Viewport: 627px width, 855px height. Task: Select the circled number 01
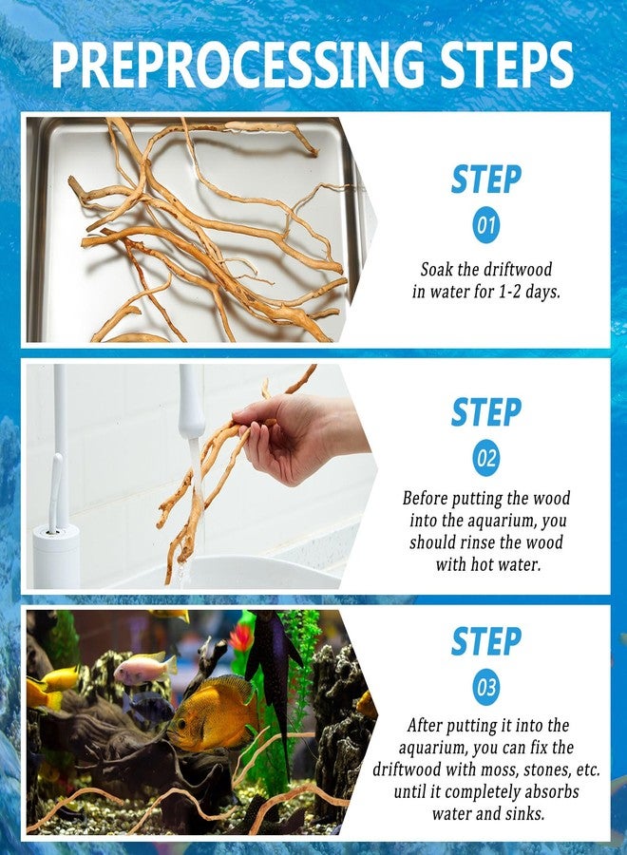click(485, 224)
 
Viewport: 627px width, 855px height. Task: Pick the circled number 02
click(485, 458)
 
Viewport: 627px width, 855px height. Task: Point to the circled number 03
click(485, 687)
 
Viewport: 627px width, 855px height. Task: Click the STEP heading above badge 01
click(485, 180)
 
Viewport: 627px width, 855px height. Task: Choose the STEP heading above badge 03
click(485, 641)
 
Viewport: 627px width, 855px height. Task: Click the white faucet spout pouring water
click(191, 403)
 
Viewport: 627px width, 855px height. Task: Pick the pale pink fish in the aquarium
click(145, 669)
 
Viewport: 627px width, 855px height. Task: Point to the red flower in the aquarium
click(241, 636)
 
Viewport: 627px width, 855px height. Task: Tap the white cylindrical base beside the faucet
click(56, 555)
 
